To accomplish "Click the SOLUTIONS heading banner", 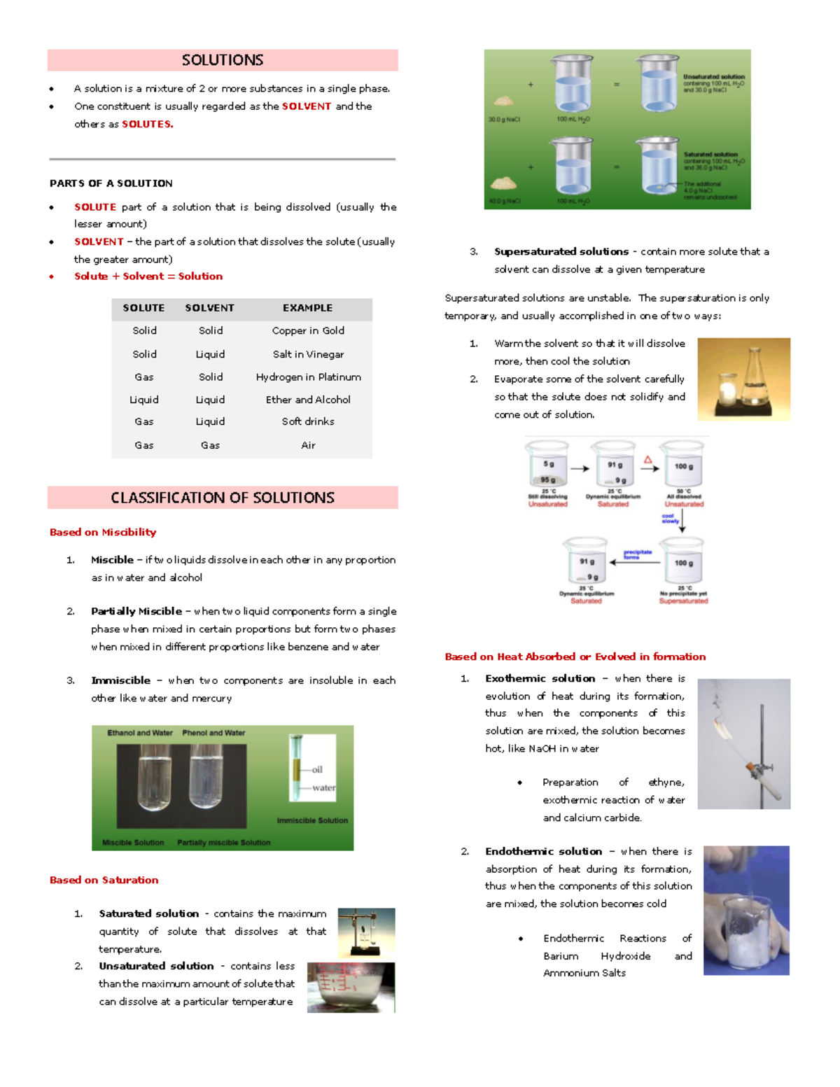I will (x=223, y=60).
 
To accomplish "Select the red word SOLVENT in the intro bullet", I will (x=306, y=106).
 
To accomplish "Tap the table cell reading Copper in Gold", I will (x=308, y=330).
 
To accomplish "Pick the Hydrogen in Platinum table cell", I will (x=308, y=377).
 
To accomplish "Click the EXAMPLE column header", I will (x=307, y=308).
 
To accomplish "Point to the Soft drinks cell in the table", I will (x=308, y=421).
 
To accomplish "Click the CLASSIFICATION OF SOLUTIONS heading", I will (x=223, y=498).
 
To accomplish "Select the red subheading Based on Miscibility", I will (x=103, y=532).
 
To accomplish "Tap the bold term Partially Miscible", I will (x=136, y=611).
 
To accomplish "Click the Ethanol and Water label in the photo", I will (x=140, y=733).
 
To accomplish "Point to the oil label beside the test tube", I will (x=317, y=769).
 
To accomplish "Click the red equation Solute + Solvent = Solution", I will (x=148, y=276).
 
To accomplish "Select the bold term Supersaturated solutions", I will (x=561, y=251).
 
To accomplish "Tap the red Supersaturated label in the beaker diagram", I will (x=683, y=601).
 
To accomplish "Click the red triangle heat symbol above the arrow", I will (x=648, y=460).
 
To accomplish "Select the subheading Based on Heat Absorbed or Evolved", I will (x=575, y=657).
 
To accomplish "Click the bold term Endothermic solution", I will (x=543, y=851).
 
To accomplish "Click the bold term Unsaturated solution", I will (x=156, y=966).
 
